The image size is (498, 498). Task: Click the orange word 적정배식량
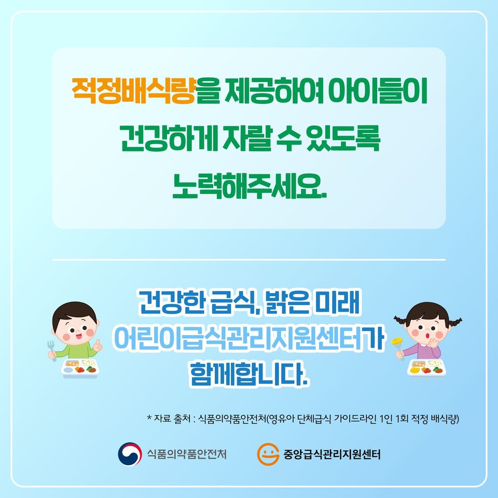tap(133, 90)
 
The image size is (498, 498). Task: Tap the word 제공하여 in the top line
tap(274, 90)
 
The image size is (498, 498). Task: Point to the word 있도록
tap(343, 139)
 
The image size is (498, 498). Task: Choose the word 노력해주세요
tap(250, 186)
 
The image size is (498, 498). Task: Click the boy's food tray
tap(80, 368)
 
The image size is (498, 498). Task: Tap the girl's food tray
tap(426, 368)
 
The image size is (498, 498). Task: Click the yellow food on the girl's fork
tap(397, 341)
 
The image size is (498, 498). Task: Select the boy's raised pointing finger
tap(99, 344)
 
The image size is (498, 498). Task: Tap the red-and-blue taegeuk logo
tap(130, 454)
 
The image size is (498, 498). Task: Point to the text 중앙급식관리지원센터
tap(331, 454)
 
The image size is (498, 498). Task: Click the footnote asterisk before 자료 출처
tap(149, 417)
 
